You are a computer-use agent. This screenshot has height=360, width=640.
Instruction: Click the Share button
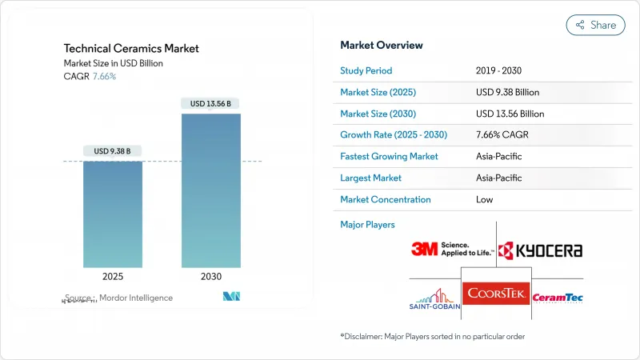pyautogui.click(x=595, y=25)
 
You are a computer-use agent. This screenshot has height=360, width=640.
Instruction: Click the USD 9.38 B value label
pyautogui.click(x=113, y=150)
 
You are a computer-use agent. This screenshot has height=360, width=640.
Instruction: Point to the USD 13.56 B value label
pyautogui.click(x=210, y=103)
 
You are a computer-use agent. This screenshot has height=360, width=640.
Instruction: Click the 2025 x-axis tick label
pyautogui.click(x=113, y=277)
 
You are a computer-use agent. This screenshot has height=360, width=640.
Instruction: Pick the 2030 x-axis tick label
pyautogui.click(x=210, y=277)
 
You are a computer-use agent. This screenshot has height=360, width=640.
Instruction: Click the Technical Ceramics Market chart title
pyautogui.click(x=132, y=49)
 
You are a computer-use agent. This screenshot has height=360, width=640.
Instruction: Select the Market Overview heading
pyautogui.click(x=382, y=46)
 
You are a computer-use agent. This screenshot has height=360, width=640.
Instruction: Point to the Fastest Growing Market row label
pyautogui.click(x=389, y=156)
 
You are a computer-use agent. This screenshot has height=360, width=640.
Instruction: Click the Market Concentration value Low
pyautogui.click(x=484, y=199)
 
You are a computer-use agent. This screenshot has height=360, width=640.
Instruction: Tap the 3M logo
pyautogui.click(x=440, y=249)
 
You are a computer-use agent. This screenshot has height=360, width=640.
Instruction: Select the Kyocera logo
pyautogui.click(x=540, y=250)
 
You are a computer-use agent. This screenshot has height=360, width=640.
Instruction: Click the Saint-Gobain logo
pyautogui.click(x=434, y=299)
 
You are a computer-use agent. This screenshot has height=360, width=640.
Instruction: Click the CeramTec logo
pyautogui.click(x=558, y=298)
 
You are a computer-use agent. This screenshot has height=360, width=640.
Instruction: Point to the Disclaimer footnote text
pyautogui.click(x=432, y=337)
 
